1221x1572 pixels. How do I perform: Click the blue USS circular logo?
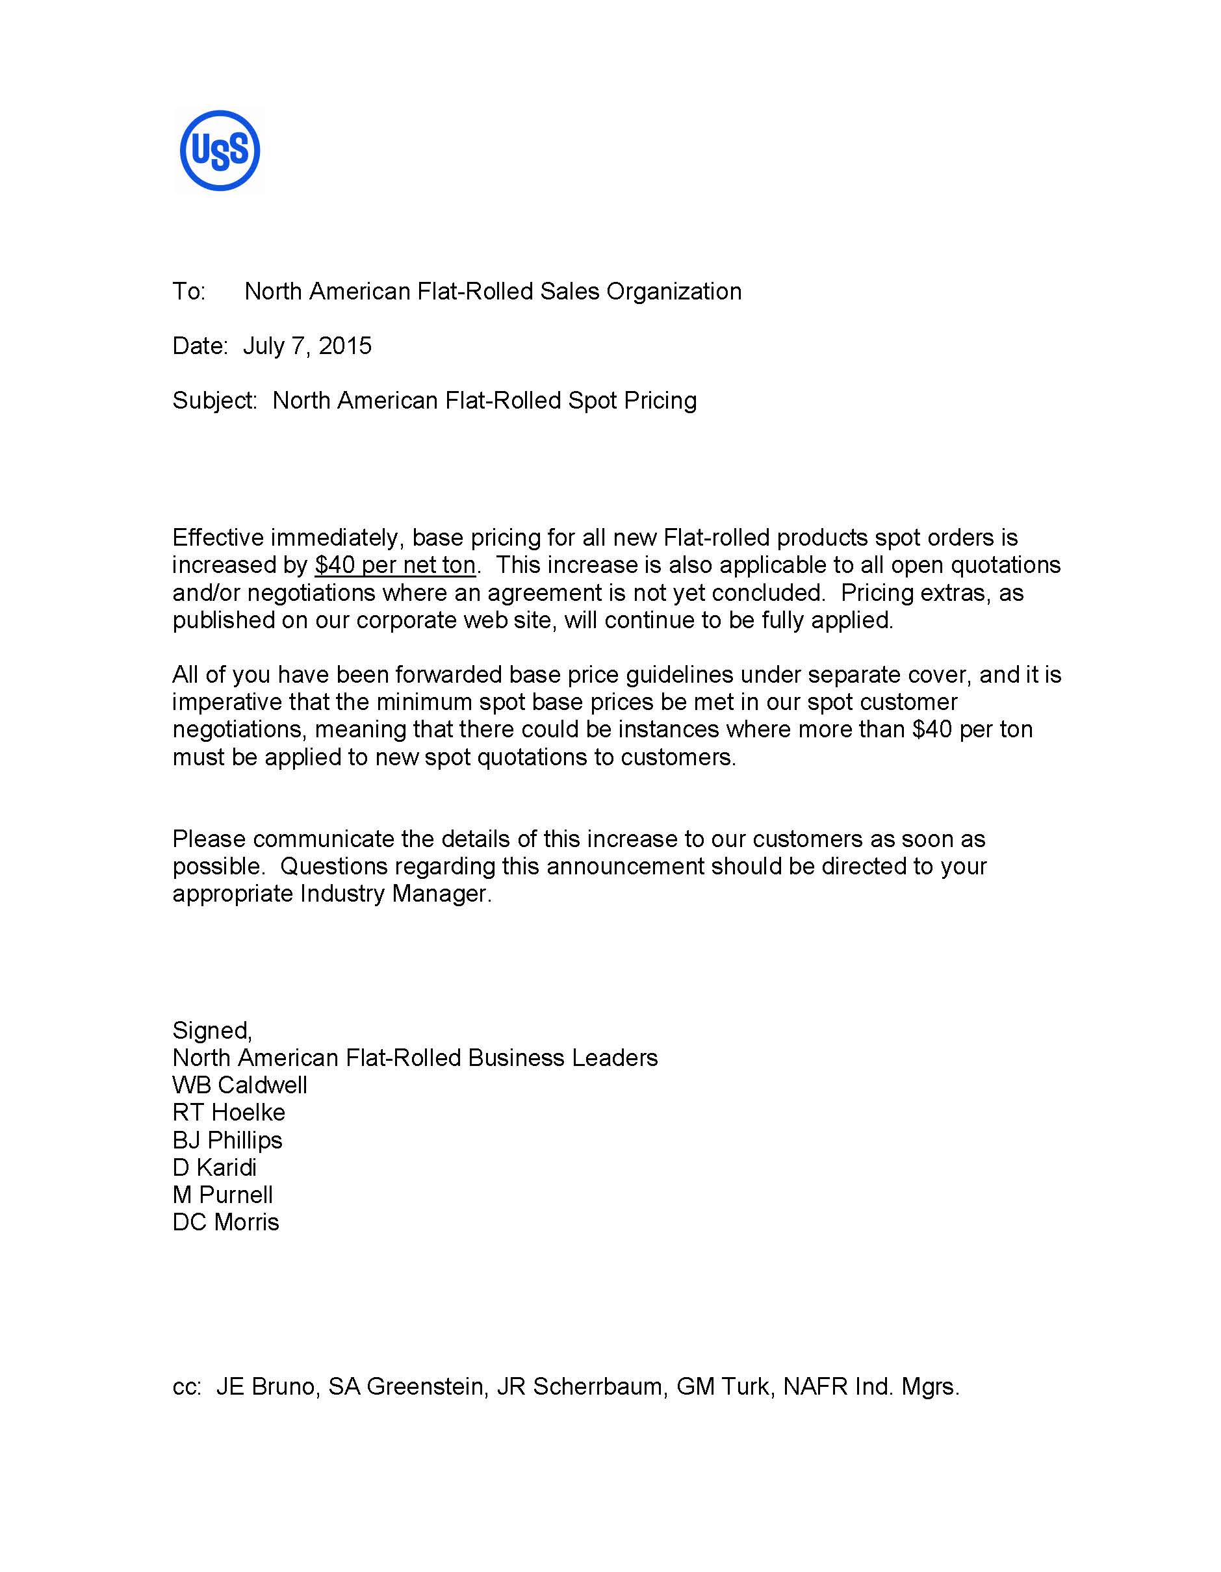(x=220, y=151)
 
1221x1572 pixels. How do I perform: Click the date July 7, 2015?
(x=307, y=346)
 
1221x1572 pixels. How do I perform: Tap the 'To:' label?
(x=188, y=292)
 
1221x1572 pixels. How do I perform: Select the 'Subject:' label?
(x=214, y=401)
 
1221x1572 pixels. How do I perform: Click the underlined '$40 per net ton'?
(x=395, y=565)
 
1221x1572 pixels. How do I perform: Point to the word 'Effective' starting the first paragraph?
(x=219, y=538)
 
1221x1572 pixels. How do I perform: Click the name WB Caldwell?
(x=240, y=1085)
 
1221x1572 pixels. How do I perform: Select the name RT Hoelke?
(x=229, y=1112)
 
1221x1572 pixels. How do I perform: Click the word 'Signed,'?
(x=212, y=1030)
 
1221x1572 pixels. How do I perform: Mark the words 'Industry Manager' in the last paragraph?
(x=394, y=893)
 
